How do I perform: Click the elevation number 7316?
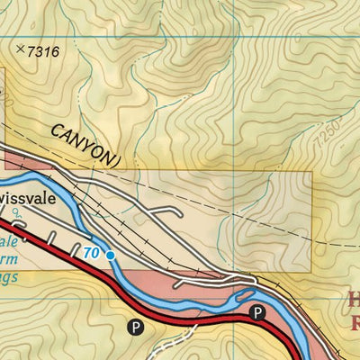(43, 51)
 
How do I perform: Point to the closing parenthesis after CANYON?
(117, 159)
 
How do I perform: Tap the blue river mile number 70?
(91, 254)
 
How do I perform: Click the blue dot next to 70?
(110, 256)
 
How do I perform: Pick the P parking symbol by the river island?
(257, 313)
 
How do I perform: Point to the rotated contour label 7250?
(328, 135)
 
